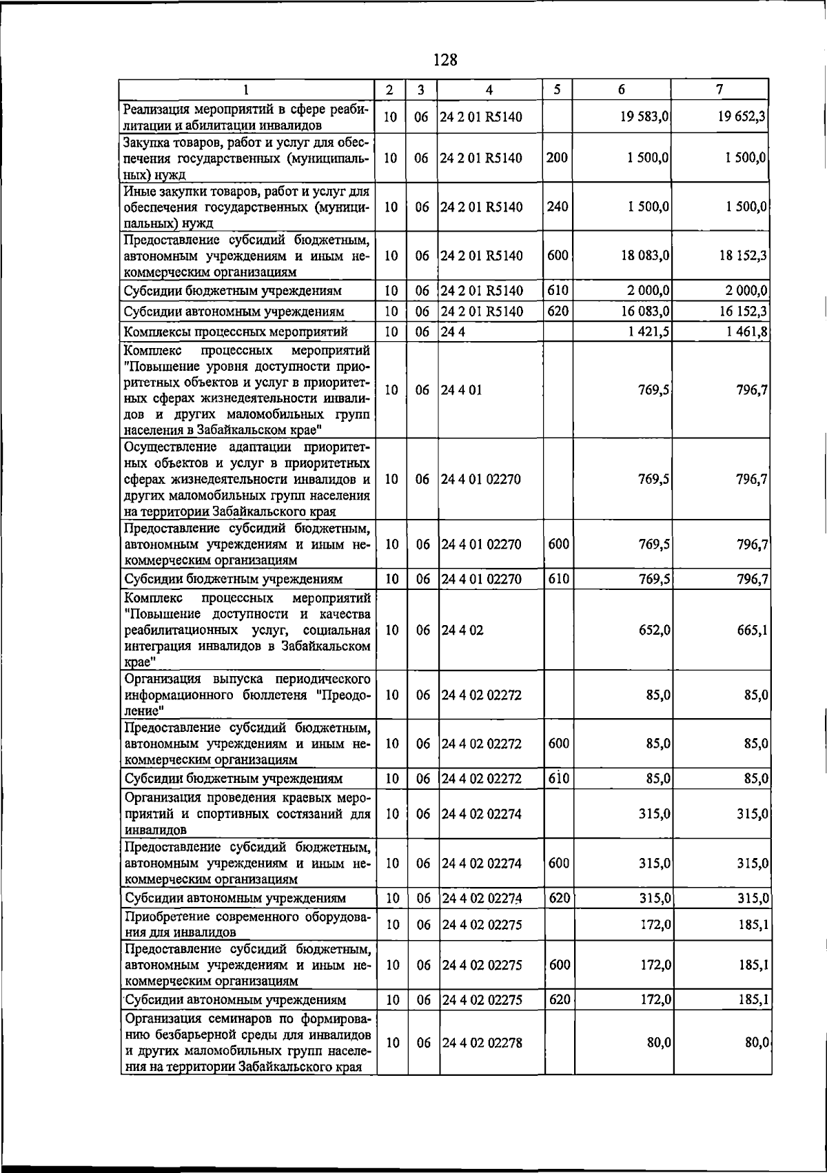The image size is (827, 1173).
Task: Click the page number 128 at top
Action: pos(445,60)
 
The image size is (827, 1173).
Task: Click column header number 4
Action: pos(489,90)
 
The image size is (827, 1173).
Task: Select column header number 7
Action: pos(719,90)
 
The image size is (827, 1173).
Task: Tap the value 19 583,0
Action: pos(644,117)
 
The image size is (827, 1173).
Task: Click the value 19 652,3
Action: pos(742,117)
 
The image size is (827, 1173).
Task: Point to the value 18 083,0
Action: pos(644,256)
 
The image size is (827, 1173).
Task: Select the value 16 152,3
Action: pos(743,312)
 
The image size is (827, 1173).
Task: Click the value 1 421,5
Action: pos(649,333)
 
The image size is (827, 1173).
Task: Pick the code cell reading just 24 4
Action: pos(449,333)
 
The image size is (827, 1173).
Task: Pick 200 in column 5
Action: pos(557,158)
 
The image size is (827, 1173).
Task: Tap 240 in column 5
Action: pos(557,207)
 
